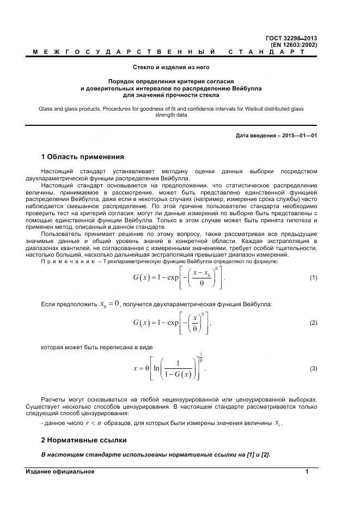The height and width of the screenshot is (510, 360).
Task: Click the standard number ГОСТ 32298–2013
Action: (291, 38)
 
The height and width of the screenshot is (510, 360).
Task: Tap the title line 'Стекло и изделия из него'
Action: (171, 67)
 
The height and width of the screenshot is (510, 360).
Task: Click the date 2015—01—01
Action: (299, 135)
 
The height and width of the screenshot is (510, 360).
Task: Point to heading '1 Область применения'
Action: (83, 157)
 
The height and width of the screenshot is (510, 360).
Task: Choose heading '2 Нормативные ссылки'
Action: (84, 439)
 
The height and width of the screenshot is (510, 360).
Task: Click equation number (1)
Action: (313, 278)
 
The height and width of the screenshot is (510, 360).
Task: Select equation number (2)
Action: (313, 323)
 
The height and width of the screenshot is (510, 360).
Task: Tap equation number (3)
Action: (313, 369)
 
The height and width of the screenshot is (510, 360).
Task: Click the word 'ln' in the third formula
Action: (156, 368)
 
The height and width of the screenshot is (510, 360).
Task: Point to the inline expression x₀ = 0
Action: (109, 303)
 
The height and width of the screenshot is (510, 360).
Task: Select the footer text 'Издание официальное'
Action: (60, 471)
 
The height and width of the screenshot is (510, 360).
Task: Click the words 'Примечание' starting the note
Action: (65, 262)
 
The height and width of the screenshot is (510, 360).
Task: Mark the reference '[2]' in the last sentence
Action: (265, 454)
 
